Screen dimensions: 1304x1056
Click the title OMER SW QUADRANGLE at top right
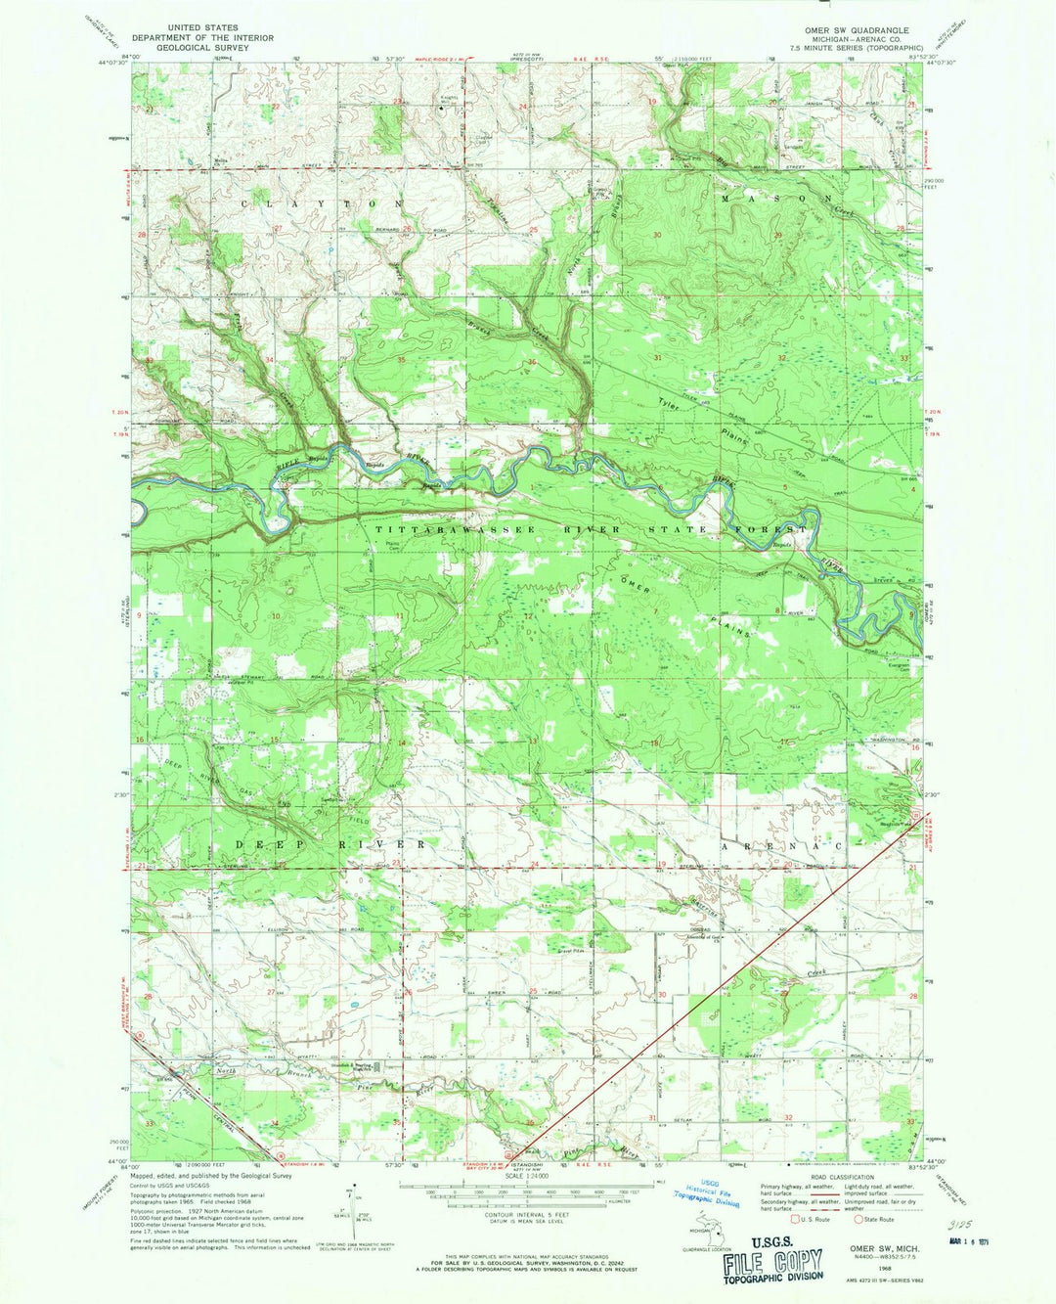coord(866,29)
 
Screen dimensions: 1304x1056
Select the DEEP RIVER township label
coord(330,843)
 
